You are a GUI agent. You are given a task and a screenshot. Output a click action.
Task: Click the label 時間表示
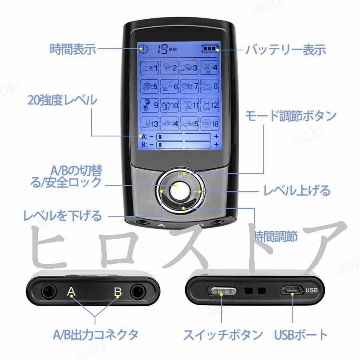pyautogui.click(x=73, y=50)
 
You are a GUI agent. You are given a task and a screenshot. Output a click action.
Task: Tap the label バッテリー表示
pyautogui.click(x=286, y=50)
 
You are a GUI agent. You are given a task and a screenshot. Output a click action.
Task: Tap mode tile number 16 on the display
pyautogui.click(x=210, y=124)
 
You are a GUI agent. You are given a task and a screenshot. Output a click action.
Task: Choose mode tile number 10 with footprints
pyautogui.click(x=170, y=105)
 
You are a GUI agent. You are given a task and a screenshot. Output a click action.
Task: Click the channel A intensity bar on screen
pyautogui.click(x=184, y=137)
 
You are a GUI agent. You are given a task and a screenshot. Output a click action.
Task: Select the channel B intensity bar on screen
pyautogui.click(x=184, y=144)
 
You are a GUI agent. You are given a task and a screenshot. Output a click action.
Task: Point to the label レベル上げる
pyautogui.click(x=296, y=190)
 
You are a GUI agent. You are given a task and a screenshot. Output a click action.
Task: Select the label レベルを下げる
pyautogui.click(x=63, y=216)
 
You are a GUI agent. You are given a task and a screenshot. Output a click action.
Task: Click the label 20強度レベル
pyautogui.click(x=62, y=100)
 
